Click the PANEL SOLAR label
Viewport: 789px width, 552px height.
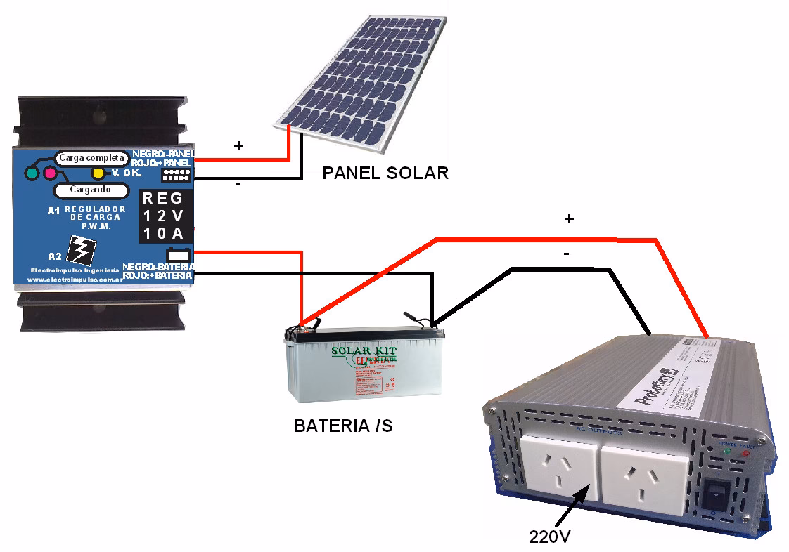385,173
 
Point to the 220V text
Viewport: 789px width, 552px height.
549,537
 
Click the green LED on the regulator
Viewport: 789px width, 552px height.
32,173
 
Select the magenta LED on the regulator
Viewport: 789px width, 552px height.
49,173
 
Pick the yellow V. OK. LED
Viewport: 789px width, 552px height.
98,173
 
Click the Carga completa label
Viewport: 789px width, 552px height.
91,158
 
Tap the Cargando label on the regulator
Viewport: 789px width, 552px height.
90,190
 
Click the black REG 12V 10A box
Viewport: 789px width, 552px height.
164,216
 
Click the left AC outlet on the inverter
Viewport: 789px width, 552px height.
558,468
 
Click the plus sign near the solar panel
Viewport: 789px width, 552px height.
238,145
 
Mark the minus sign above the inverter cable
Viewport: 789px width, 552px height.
567,254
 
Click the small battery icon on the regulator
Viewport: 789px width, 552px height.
176,254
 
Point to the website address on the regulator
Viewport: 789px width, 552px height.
73,280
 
